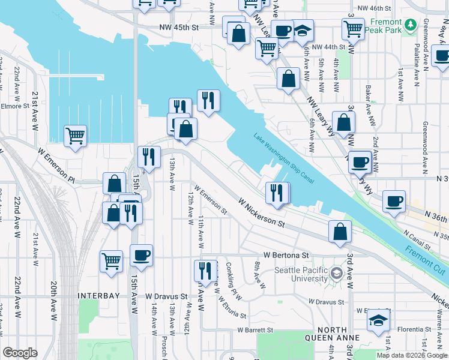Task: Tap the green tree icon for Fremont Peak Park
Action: (411, 25)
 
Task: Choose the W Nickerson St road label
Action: (261, 213)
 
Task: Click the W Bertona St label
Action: (286, 255)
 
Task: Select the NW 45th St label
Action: (179, 28)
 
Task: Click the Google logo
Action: (20, 353)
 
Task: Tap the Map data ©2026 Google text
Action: (412, 355)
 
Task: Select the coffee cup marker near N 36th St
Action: (394, 202)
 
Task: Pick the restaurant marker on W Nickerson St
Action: (277, 193)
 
